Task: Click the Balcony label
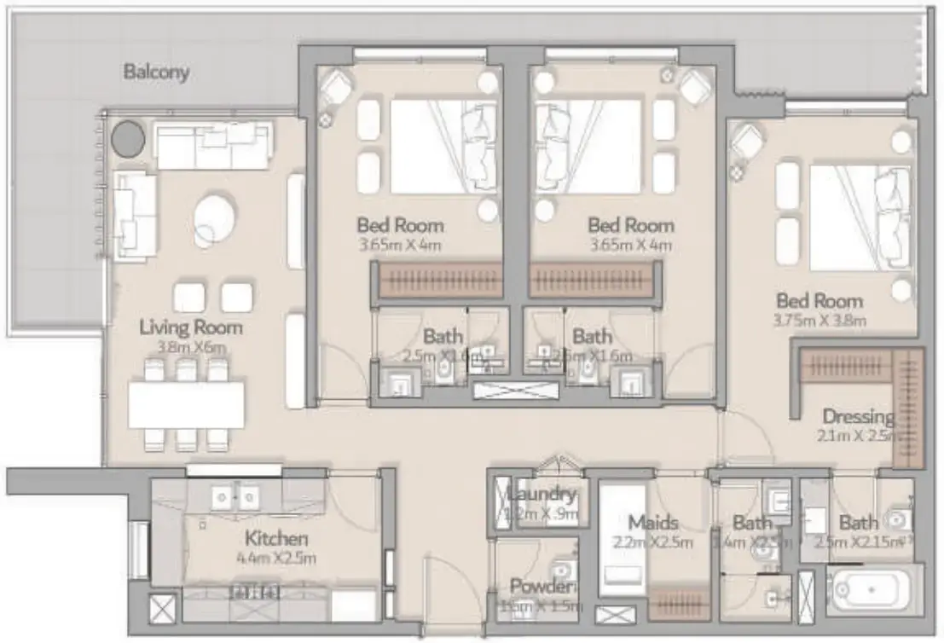coord(156,72)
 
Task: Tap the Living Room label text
coord(191,327)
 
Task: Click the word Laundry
coord(541,494)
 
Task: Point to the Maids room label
coord(652,522)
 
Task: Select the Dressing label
coord(857,417)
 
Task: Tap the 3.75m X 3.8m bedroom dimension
coord(819,321)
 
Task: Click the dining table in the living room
coord(187,405)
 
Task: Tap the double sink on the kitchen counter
coord(237,495)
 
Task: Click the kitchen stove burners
coord(253,591)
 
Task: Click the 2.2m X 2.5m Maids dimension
coord(652,542)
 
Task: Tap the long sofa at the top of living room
coord(212,145)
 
